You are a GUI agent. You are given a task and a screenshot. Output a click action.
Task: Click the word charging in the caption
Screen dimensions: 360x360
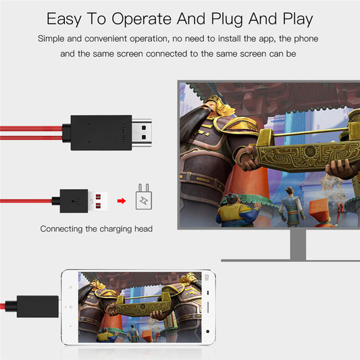pyautogui.click(x=115, y=229)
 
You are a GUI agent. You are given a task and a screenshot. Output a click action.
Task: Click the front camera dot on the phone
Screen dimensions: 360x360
pyautogui.click(x=70, y=288)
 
